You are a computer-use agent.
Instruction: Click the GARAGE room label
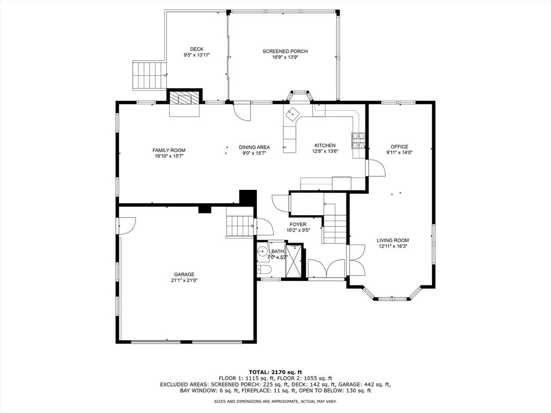tap(184, 274)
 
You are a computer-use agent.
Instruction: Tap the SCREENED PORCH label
tap(285, 52)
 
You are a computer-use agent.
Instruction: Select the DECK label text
tap(196, 49)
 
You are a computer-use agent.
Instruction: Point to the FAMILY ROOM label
tap(169, 151)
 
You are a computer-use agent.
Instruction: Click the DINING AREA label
tap(254, 147)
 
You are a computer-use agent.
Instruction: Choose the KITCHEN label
tap(325, 146)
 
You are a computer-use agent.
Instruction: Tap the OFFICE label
tap(399, 147)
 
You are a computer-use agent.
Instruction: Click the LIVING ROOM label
tap(393, 240)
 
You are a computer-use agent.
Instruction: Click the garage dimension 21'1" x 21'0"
tap(184, 280)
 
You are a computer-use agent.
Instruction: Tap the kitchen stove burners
tap(358, 141)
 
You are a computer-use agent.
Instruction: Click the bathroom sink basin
tap(263, 251)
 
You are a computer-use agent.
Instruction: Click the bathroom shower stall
tap(294, 261)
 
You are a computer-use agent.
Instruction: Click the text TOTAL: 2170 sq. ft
tap(275, 372)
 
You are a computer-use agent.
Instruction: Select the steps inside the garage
tap(239, 225)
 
